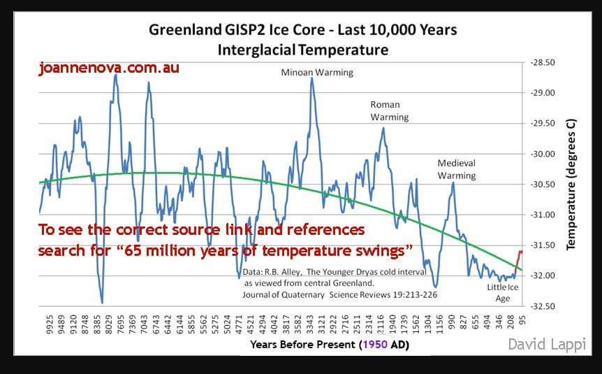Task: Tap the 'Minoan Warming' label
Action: pos(317,72)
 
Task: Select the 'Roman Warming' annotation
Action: pos(389,110)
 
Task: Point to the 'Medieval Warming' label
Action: pos(457,169)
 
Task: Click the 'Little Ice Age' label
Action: pos(503,293)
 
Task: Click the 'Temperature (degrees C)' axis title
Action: pos(571,184)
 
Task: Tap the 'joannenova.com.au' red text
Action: pos(109,69)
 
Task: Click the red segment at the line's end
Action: pos(518,260)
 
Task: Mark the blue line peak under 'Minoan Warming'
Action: pos(312,78)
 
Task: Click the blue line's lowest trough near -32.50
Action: pos(102,302)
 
